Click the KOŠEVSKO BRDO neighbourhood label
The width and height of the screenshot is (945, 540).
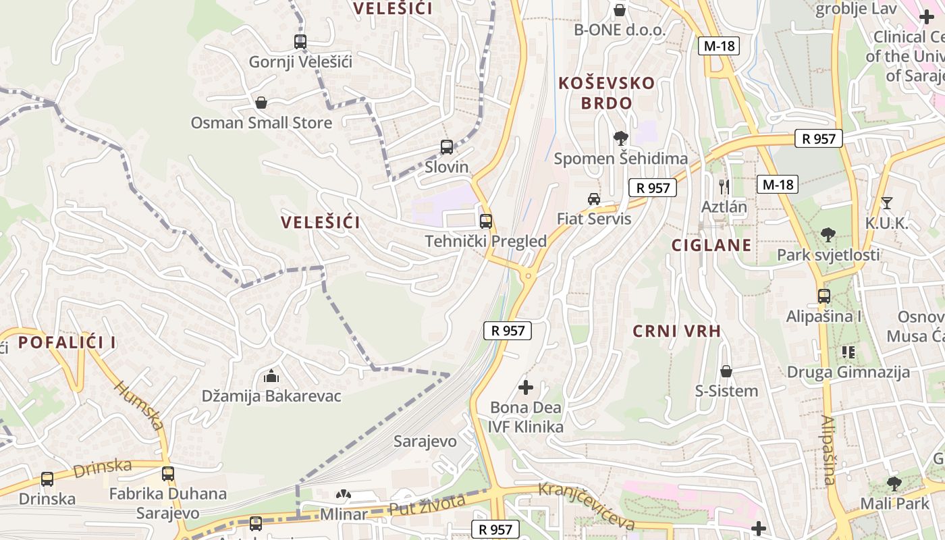(x=606, y=93)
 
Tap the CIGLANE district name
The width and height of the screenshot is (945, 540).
(x=711, y=245)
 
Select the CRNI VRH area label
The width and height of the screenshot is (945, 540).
(x=677, y=331)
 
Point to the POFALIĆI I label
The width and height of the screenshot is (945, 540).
(x=67, y=342)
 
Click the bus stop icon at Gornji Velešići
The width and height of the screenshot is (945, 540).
(x=300, y=42)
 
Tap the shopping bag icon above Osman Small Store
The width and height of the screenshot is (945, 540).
(x=261, y=103)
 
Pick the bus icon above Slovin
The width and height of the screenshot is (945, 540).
(x=446, y=147)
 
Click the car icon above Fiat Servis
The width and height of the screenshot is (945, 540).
(x=594, y=198)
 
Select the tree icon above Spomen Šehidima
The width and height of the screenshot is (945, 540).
(x=620, y=138)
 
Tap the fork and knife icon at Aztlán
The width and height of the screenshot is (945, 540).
(x=724, y=186)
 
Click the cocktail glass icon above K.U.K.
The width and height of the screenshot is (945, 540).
(x=887, y=202)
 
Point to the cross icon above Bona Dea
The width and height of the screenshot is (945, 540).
(x=525, y=387)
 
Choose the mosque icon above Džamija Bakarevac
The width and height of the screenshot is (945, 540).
(x=271, y=375)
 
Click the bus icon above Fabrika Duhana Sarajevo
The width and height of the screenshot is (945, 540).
(x=168, y=474)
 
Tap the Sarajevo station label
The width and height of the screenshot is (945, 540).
(x=425, y=441)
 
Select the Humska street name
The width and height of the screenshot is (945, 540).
(x=139, y=405)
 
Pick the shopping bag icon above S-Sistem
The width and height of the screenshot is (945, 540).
(x=726, y=371)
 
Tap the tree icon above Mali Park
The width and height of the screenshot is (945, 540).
(x=894, y=483)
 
